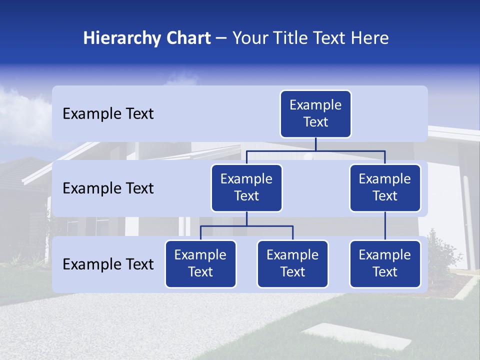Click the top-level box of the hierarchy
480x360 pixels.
click(x=315, y=114)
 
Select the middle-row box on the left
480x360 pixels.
click(x=246, y=188)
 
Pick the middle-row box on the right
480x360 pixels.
click(x=385, y=188)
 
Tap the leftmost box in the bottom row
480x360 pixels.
click(x=200, y=264)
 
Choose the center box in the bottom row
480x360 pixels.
click(x=292, y=264)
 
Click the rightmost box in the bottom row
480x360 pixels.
click(x=385, y=264)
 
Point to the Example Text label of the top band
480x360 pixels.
click(x=108, y=114)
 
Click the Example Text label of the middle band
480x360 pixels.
click(x=108, y=188)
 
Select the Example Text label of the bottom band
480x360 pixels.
click(x=108, y=264)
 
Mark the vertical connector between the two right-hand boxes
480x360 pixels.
click(x=385, y=226)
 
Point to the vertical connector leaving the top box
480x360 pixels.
click(x=315, y=144)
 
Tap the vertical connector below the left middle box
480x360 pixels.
click(x=246, y=219)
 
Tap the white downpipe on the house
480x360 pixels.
click(x=468, y=220)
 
